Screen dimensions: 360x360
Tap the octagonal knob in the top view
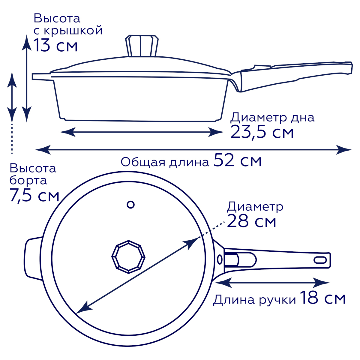coord(128,257)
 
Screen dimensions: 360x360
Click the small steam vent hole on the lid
coord(130,205)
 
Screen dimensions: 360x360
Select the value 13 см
coord(55,46)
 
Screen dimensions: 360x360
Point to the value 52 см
coord(238,160)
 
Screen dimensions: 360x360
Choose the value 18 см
coord(322,298)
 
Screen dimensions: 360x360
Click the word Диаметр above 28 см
coord(255,207)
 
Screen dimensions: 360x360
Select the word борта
coord(28,181)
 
